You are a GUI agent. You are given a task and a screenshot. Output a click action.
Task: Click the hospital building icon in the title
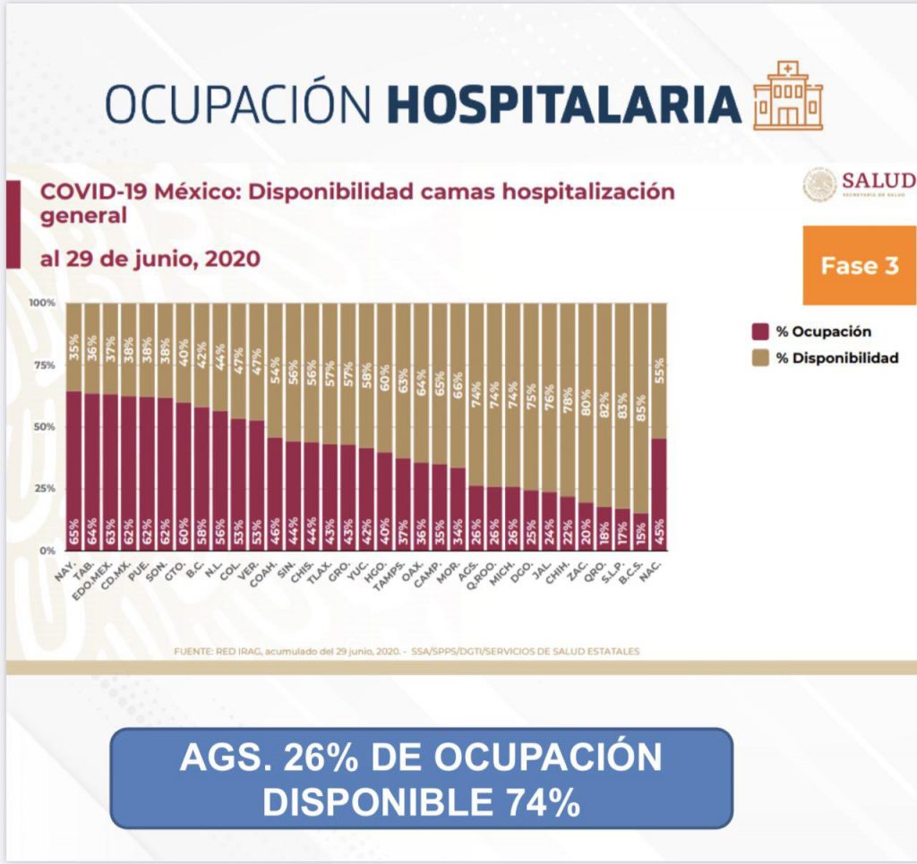(787, 96)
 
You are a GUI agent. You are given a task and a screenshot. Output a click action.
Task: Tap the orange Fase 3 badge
(859, 266)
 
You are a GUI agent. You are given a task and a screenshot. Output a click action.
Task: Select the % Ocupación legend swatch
(759, 331)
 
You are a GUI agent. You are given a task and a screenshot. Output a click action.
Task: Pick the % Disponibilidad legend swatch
(759, 358)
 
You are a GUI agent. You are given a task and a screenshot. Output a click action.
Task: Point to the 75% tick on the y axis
(45, 365)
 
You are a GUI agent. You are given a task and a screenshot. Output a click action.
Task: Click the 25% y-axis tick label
(45, 489)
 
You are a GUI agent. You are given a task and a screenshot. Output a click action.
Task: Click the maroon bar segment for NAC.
(657, 492)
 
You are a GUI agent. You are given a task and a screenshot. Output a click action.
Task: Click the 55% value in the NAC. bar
(658, 370)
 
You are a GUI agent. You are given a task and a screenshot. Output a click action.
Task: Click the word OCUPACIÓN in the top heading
(238, 105)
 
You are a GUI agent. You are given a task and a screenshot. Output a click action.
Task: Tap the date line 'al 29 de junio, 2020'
(150, 259)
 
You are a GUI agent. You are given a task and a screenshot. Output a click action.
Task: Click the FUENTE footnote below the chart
(407, 651)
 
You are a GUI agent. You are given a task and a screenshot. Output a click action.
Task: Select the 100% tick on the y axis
(43, 304)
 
